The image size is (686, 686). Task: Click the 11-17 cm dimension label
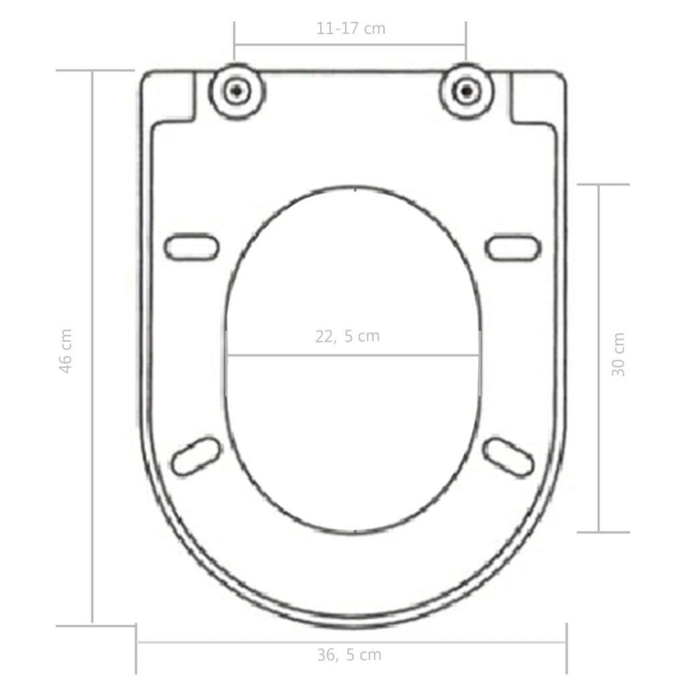click(x=351, y=29)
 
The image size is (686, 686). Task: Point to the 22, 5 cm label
click(x=347, y=336)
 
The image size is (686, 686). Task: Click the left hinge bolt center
click(x=236, y=90)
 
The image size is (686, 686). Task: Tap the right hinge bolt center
click(x=467, y=90)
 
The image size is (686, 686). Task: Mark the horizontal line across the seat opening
click(x=353, y=356)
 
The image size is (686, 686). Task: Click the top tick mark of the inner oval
click(x=356, y=188)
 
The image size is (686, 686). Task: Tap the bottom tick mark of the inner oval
click(x=356, y=531)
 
